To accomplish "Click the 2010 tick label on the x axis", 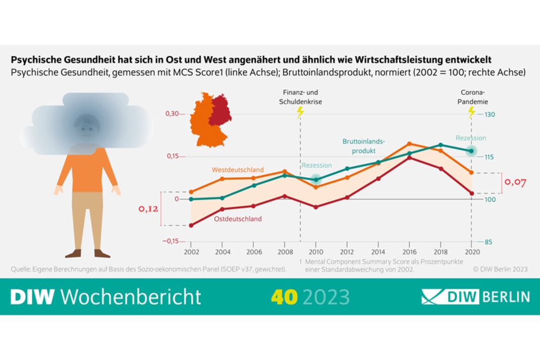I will tap(316, 252).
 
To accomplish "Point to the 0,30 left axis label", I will tap(173, 114).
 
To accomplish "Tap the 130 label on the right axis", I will tap(490, 115).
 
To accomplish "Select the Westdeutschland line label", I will tap(238, 170).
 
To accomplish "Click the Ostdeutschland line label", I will tap(238, 219).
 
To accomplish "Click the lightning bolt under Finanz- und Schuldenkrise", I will tap(300, 112).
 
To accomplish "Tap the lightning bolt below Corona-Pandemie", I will tap(472, 112).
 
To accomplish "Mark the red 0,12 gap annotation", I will tap(148, 209).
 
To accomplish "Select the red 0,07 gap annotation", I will tap(515, 182).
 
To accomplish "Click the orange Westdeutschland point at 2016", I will tap(409, 143).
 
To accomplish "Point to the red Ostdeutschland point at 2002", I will tap(191, 225).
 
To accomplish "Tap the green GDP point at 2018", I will tap(441, 145).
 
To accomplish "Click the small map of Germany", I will tap(210, 120).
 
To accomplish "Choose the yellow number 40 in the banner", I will tap(284, 297).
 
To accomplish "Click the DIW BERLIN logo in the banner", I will tap(475, 296).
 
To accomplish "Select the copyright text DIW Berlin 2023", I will tap(500, 269).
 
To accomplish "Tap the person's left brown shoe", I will tap(73, 253).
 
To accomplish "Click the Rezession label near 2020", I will tap(470, 138).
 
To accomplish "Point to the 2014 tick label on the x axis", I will tap(378, 252).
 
